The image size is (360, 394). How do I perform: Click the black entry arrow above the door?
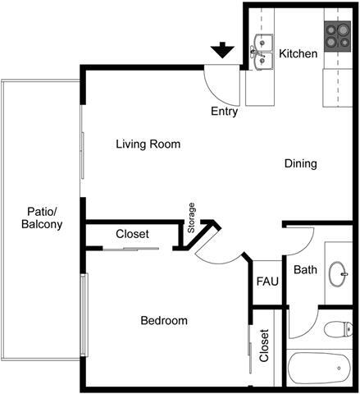[221, 51]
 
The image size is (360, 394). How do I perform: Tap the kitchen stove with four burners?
[337, 37]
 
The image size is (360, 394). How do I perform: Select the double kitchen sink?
[262, 51]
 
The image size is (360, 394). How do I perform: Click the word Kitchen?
[298, 54]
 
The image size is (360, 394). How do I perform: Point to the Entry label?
[225, 112]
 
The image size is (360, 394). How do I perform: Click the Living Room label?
[148, 144]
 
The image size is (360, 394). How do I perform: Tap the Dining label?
[300, 164]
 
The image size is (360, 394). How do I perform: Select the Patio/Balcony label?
[41, 218]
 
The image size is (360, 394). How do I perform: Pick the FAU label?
[267, 282]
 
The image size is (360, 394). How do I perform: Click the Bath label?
[305, 269]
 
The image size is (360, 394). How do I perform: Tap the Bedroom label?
[163, 321]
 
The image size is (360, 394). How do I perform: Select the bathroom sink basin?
[338, 273]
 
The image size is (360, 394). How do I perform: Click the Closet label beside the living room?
[132, 234]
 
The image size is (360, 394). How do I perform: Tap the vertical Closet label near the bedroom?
[264, 346]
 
